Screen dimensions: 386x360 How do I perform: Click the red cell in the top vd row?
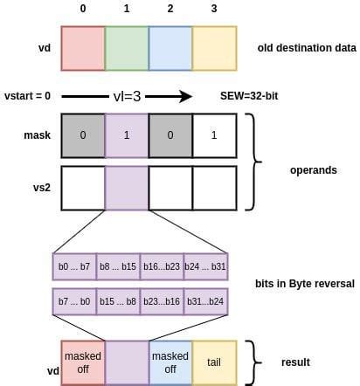[83, 48]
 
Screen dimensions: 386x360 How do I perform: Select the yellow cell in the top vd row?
[214, 48]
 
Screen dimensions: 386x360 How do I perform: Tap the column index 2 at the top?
[170, 10]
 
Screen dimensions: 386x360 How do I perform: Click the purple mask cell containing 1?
[127, 135]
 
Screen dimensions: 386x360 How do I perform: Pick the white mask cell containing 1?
[214, 135]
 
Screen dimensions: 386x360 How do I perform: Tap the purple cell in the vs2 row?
[127, 188]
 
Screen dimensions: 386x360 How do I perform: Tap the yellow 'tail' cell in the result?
[214, 362]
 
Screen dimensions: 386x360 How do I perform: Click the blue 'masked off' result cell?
[170, 362]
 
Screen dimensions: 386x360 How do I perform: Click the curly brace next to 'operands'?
[256, 162]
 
